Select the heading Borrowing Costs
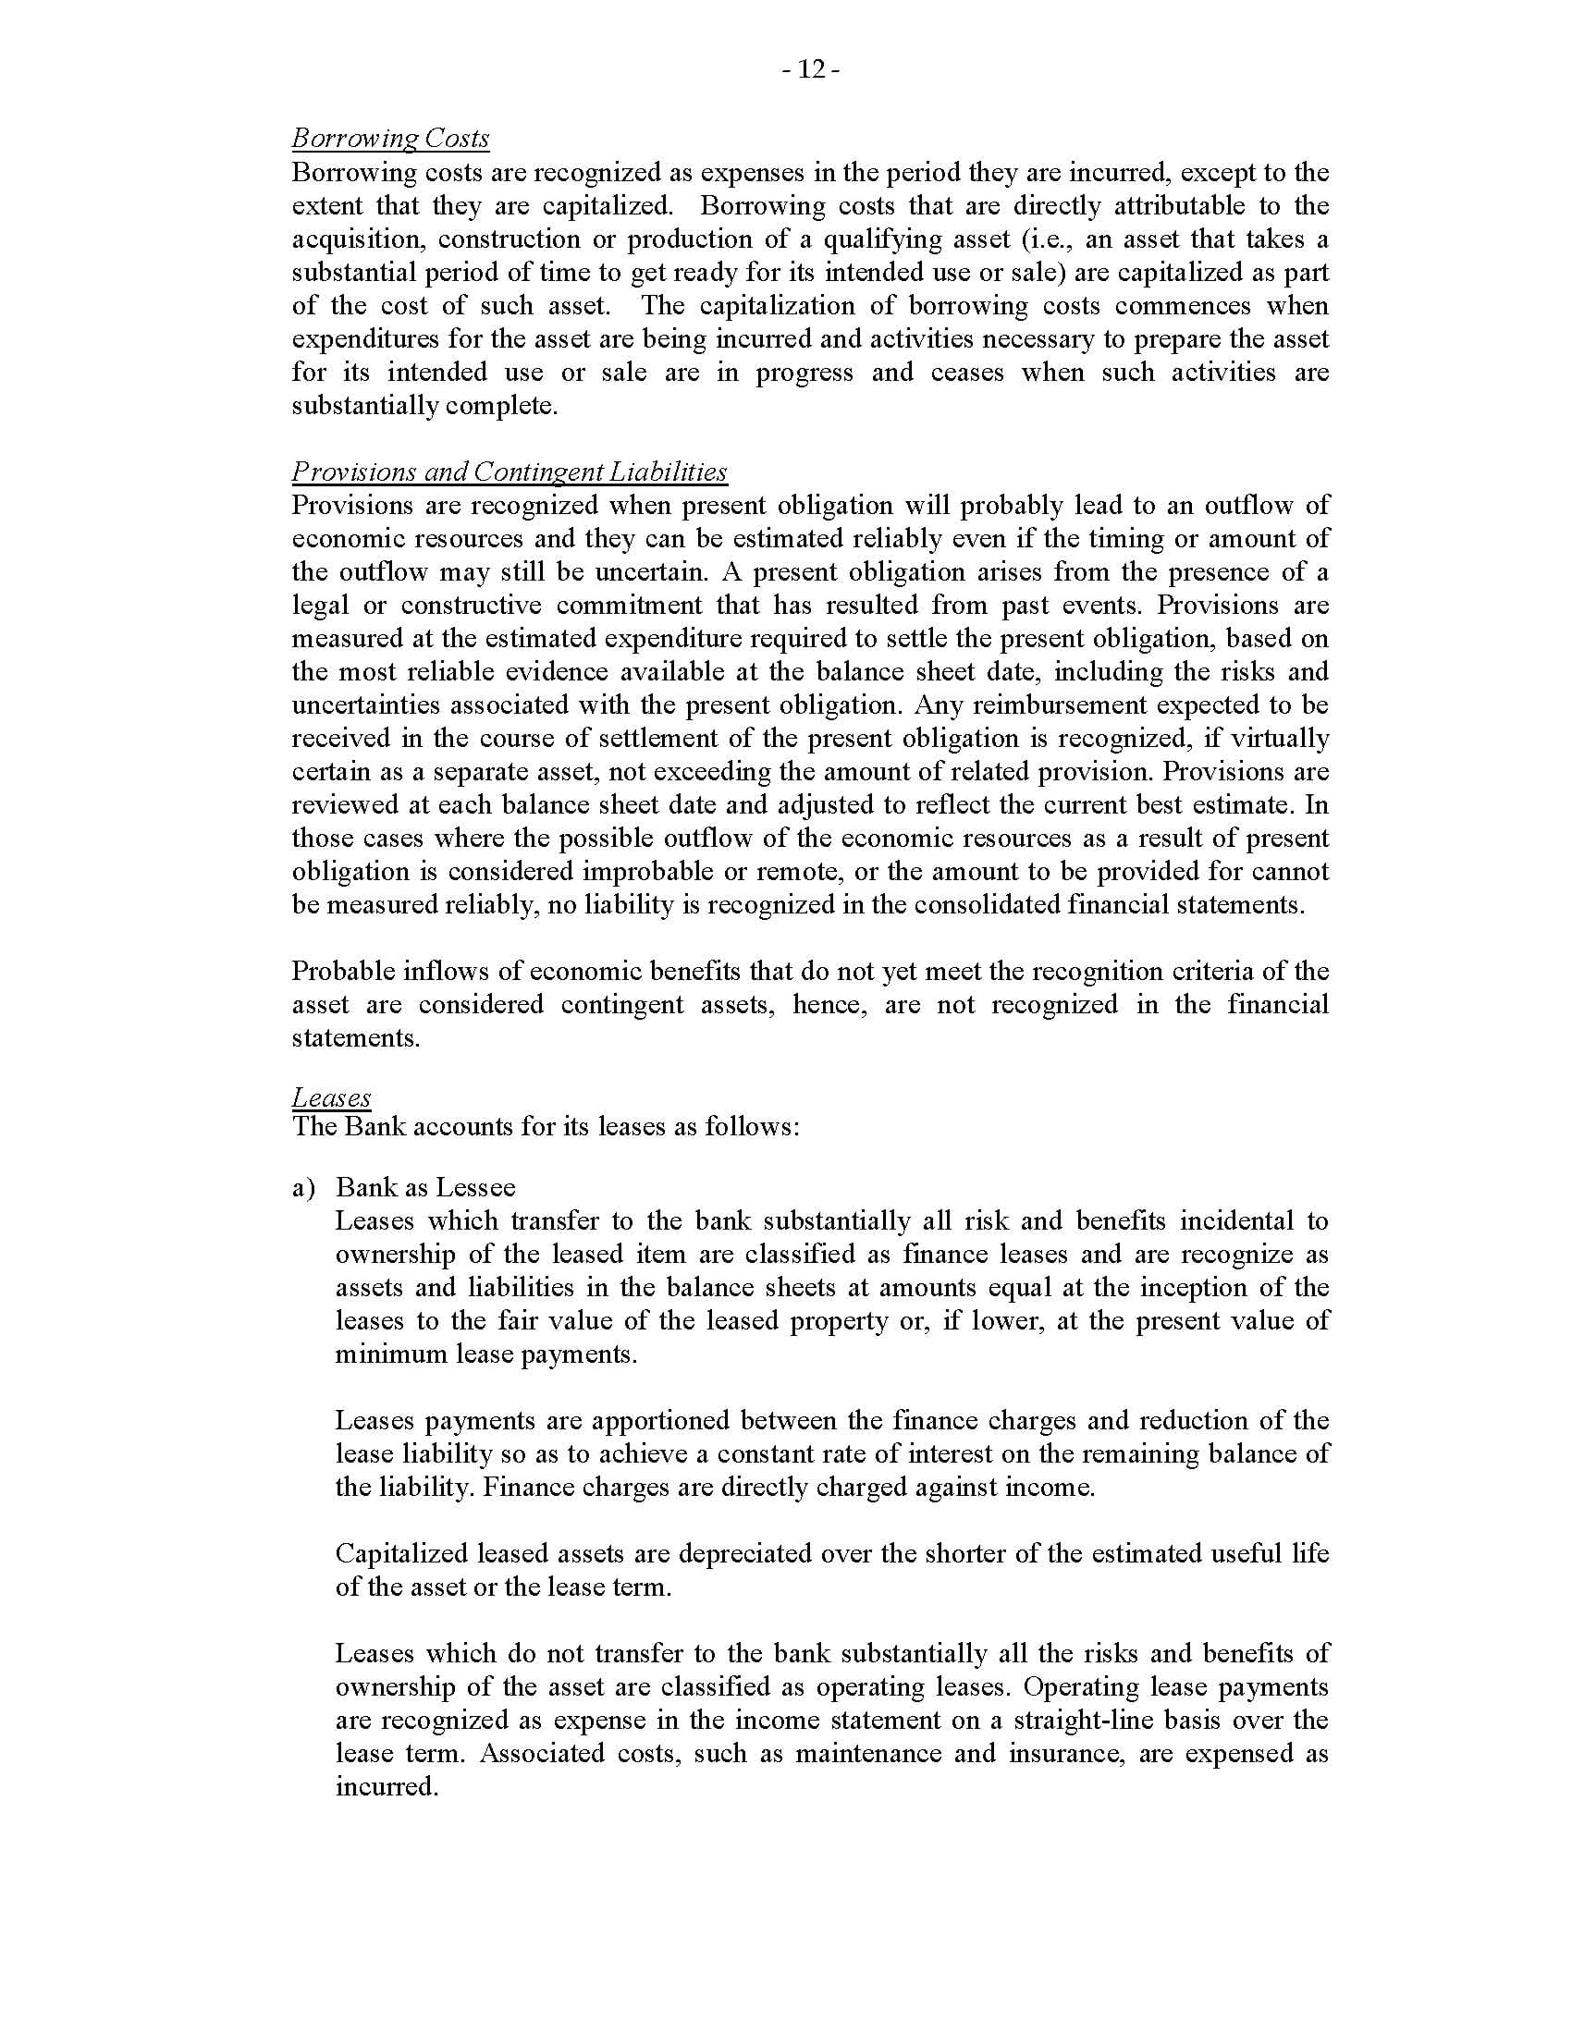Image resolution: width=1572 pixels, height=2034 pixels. click(390, 138)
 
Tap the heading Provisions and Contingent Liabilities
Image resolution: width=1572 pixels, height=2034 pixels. click(510, 472)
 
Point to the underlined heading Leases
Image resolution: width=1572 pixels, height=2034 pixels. click(332, 1097)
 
